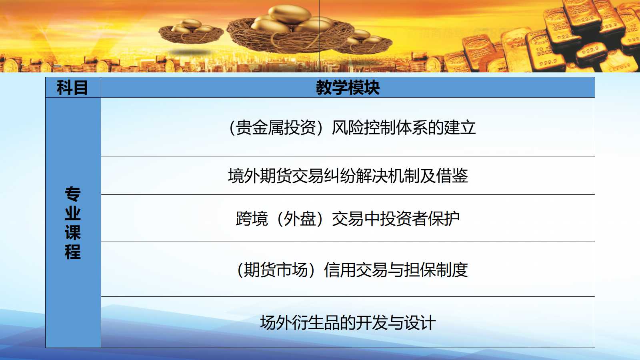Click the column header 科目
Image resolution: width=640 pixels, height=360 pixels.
pyautogui.click(x=72, y=88)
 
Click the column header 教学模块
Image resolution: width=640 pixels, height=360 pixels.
pyautogui.click(x=348, y=88)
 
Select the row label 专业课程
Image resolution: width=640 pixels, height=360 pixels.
pyautogui.click(x=73, y=223)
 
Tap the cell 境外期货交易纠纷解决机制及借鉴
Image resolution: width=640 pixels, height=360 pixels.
pyautogui.click(x=348, y=176)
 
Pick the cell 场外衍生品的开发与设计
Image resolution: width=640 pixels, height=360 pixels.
pyautogui.click(x=348, y=322)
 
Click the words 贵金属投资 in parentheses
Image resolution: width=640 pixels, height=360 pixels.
pyautogui.click(x=276, y=128)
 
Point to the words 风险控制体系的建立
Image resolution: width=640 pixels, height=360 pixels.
pyautogui.click(x=404, y=128)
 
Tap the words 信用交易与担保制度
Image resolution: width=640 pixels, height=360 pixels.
pyautogui.click(x=396, y=270)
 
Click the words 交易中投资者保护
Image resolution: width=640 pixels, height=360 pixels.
pyautogui.click(x=396, y=218)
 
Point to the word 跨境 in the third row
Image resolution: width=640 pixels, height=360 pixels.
pyautogui.click(x=252, y=218)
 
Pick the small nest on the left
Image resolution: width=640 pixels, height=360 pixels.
pyautogui.click(x=191, y=32)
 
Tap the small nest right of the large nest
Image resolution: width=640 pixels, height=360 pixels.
pyautogui.click(x=364, y=42)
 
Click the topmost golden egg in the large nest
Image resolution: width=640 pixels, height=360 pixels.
pyautogui.click(x=290, y=15)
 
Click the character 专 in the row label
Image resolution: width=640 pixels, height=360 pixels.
pyautogui.click(x=73, y=194)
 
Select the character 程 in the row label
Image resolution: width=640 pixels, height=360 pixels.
pyautogui.click(x=73, y=252)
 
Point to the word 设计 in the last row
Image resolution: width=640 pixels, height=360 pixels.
pyautogui.click(x=420, y=322)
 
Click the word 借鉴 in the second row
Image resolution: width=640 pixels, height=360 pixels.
pyautogui.click(x=452, y=176)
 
